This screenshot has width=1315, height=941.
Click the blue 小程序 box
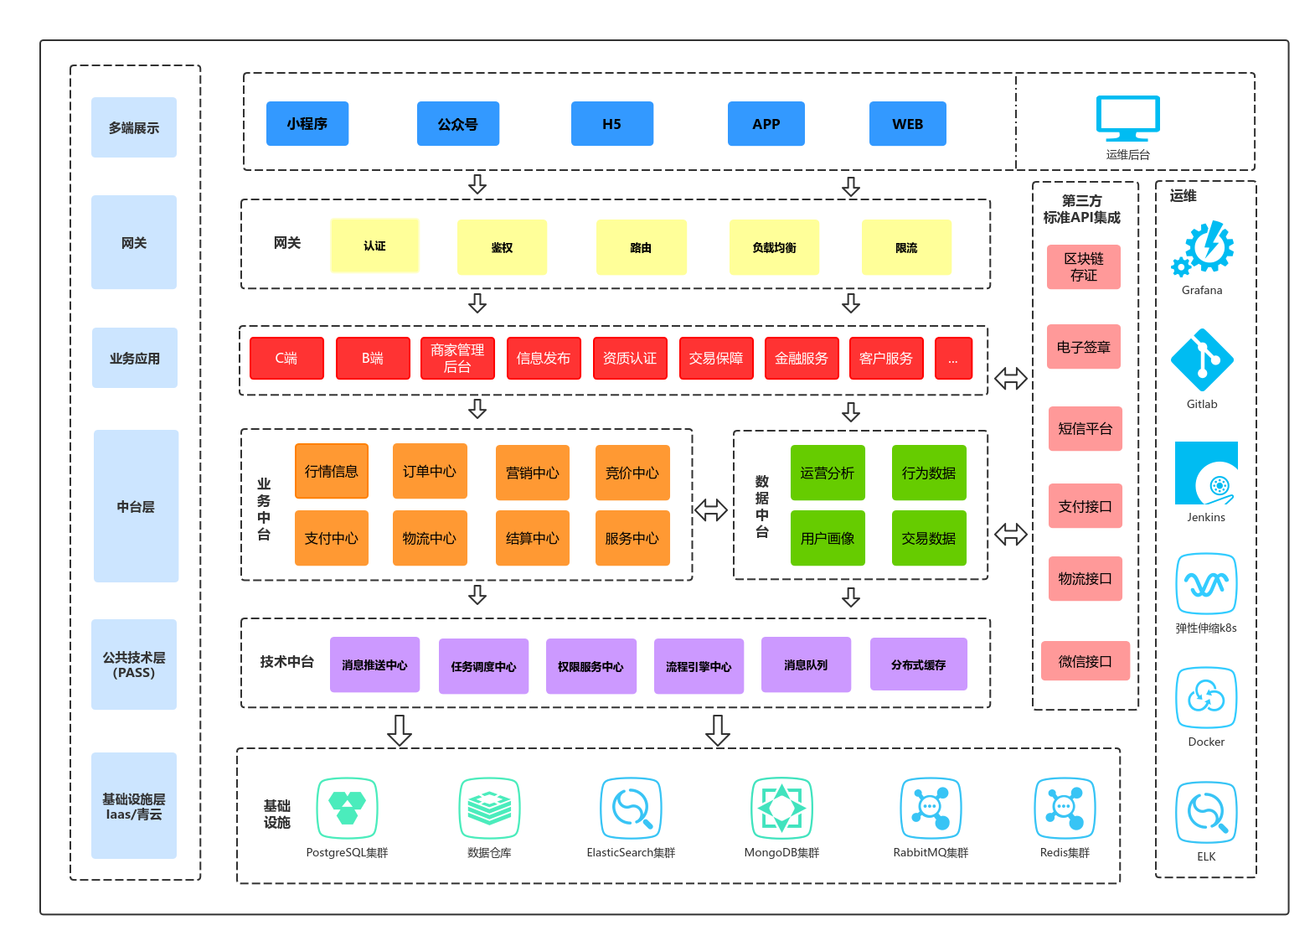point(307,124)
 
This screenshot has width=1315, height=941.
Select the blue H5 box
point(611,124)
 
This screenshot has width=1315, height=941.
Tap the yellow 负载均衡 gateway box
point(774,247)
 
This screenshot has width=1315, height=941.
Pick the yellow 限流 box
point(906,247)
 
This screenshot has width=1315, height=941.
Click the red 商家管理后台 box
point(457,359)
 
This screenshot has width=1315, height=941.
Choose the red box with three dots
point(953,359)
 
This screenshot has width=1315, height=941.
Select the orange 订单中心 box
point(430,472)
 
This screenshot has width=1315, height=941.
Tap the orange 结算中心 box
point(532,538)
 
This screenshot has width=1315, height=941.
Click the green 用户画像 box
point(828,538)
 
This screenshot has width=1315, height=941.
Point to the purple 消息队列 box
point(806,664)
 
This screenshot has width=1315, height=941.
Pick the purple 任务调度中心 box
point(483,666)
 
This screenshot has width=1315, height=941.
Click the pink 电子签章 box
point(1083,347)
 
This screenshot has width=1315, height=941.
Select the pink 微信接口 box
point(1085,661)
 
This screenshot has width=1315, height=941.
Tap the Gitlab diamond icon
point(1202,360)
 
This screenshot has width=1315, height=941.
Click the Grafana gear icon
point(1204,248)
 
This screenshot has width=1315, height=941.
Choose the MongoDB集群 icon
point(781,808)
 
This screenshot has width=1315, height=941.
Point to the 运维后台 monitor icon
point(1127,119)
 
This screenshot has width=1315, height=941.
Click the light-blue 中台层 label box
point(136,506)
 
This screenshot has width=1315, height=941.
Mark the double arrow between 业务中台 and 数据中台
point(711,509)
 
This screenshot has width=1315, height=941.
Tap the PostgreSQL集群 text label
point(347,853)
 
